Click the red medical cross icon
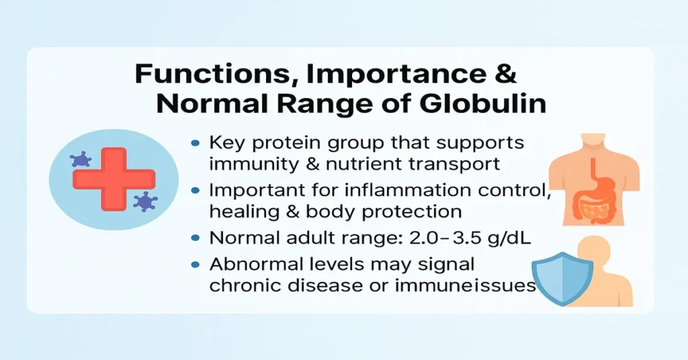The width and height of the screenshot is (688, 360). pos(114,177)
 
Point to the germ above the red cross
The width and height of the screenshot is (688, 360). pos(81,160)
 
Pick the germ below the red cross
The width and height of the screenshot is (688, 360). pos(144,200)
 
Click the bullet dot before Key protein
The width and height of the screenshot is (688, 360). pos(196,143)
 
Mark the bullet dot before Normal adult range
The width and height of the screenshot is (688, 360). pos(196,238)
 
